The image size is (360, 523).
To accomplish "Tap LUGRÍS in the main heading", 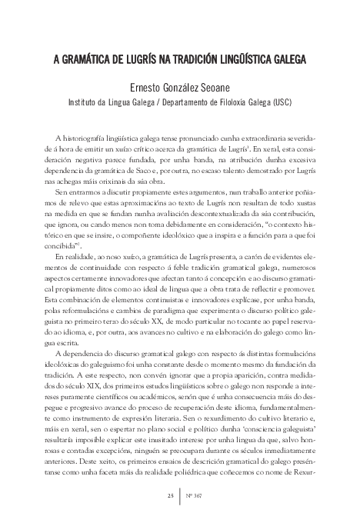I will pos(147,58).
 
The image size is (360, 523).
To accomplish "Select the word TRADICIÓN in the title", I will pos(206,58).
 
